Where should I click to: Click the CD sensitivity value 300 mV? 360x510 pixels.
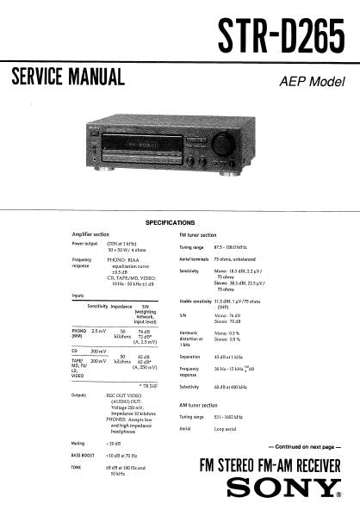(x=99, y=351)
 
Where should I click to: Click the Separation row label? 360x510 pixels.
(x=191, y=357)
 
